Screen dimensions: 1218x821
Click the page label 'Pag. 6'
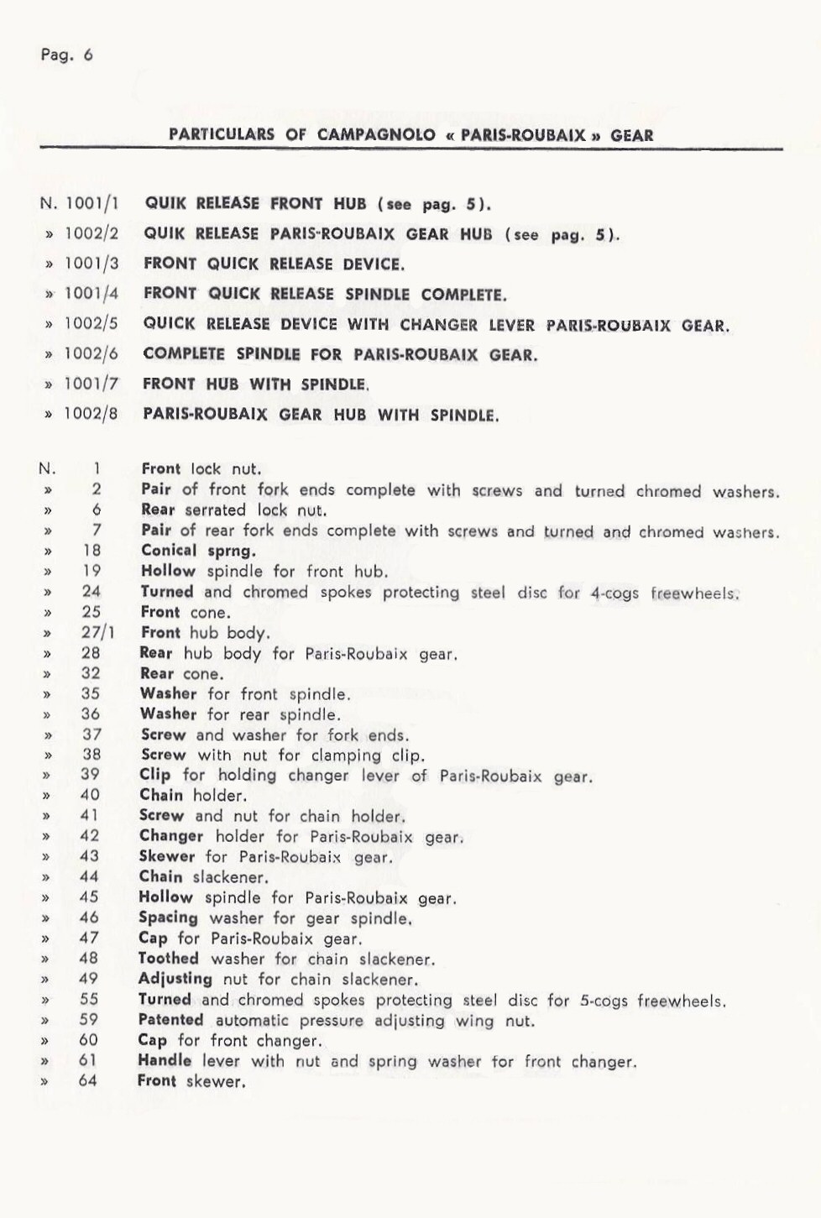pyautogui.click(x=66, y=55)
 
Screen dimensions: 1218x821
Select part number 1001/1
pyautogui.click(x=92, y=203)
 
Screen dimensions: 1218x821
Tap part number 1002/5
pyautogui.click(x=92, y=324)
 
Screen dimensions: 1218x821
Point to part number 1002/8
pyautogui.click(x=92, y=415)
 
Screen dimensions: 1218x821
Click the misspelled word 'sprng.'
pyautogui.click(x=231, y=551)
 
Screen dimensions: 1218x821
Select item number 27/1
pyautogui.click(x=97, y=633)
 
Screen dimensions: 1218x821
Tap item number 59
pyautogui.click(x=89, y=1020)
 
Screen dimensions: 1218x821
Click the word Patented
pyautogui.click(x=170, y=1020)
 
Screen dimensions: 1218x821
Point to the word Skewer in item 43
pyautogui.click(x=166, y=857)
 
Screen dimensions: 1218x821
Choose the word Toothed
pyautogui.click(x=168, y=959)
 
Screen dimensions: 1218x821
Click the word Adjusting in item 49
pyautogui.click(x=175, y=979)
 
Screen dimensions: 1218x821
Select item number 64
pyautogui.click(x=88, y=1081)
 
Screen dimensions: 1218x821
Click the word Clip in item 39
pyautogui.click(x=154, y=776)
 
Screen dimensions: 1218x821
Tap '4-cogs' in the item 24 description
pyautogui.click(x=614, y=593)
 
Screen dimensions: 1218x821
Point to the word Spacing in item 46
pyautogui.click(x=169, y=918)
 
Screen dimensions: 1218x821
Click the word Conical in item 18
pyautogui.click(x=169, y=551)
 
